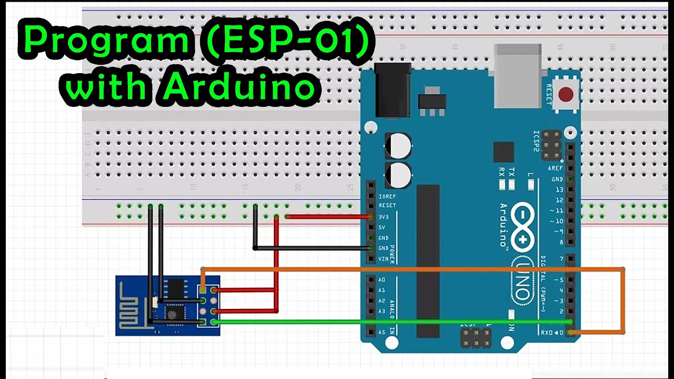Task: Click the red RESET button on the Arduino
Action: tap(566, 95)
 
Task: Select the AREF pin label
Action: tap(556, 168)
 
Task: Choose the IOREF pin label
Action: tap(387, 196)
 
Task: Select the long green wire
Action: tap(390, 322)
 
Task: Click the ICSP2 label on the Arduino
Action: tap(537, 141)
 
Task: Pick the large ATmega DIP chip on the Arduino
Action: tap(428, 261)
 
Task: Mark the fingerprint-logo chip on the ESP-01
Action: tap(172, 314)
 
